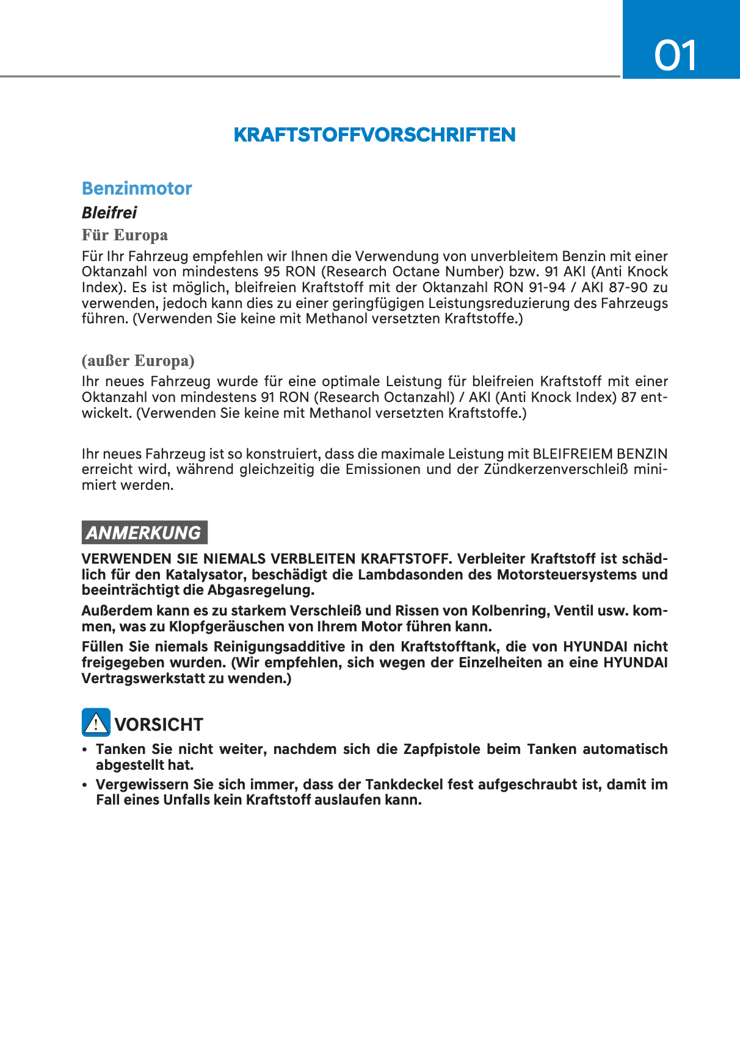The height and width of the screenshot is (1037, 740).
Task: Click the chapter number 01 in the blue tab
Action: coord(675,56)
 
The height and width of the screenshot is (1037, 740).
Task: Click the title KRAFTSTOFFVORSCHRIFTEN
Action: coord(374,135)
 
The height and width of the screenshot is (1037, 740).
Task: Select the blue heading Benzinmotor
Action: coord(137,188)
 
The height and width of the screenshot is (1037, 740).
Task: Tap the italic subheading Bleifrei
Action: coord(109,213)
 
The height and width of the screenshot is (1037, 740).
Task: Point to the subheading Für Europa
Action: coord(125,235)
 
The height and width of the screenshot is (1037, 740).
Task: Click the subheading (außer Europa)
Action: coord(138,361)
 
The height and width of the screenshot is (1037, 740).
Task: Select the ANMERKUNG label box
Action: coord(144,533)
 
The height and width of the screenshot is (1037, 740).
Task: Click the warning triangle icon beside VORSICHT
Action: coord(96,723)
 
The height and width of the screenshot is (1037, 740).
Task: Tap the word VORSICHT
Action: coord(159,725)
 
